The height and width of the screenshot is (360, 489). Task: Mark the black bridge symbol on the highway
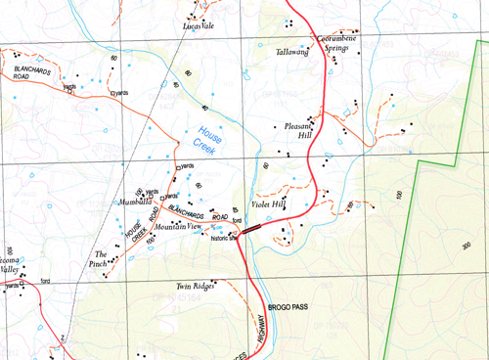(252, 228)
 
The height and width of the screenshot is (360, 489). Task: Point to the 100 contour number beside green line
(400, 196)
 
